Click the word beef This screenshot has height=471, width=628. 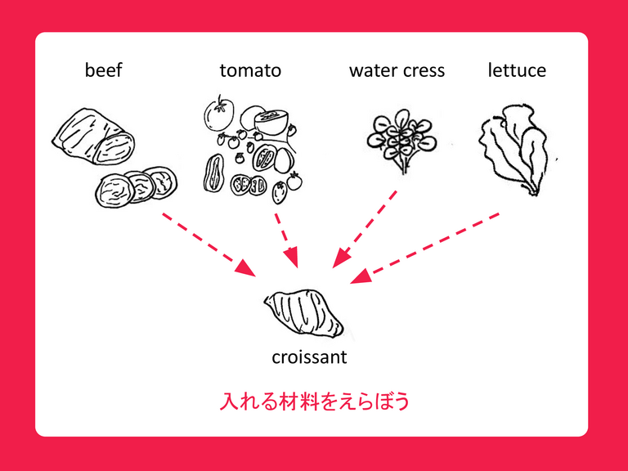click(x=103, y=70)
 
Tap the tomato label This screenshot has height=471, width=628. click(x=250, y=70)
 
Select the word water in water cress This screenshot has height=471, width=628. click(x=374, y=71)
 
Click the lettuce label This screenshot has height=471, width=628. click(x=517, y=70)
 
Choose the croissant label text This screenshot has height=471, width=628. click(x=309, y=357)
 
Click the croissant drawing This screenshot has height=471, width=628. click(x=303, y=313)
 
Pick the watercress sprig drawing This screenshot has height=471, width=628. click(x=401, y=141)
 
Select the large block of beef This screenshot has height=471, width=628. click(x=93, y=137)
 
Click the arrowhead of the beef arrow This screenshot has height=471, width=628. click(x=245, y=268)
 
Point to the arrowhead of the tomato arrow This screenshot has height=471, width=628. click(x=292, y=258)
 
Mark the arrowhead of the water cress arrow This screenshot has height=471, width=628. click(x=341, y=258)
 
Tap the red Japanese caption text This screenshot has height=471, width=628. click(x=314, y=401)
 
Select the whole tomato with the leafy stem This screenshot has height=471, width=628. click(x=218, y=114)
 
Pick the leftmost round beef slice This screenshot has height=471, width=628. click(x=114, y=191)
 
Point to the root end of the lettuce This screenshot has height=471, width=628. click(x=532, y=191)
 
